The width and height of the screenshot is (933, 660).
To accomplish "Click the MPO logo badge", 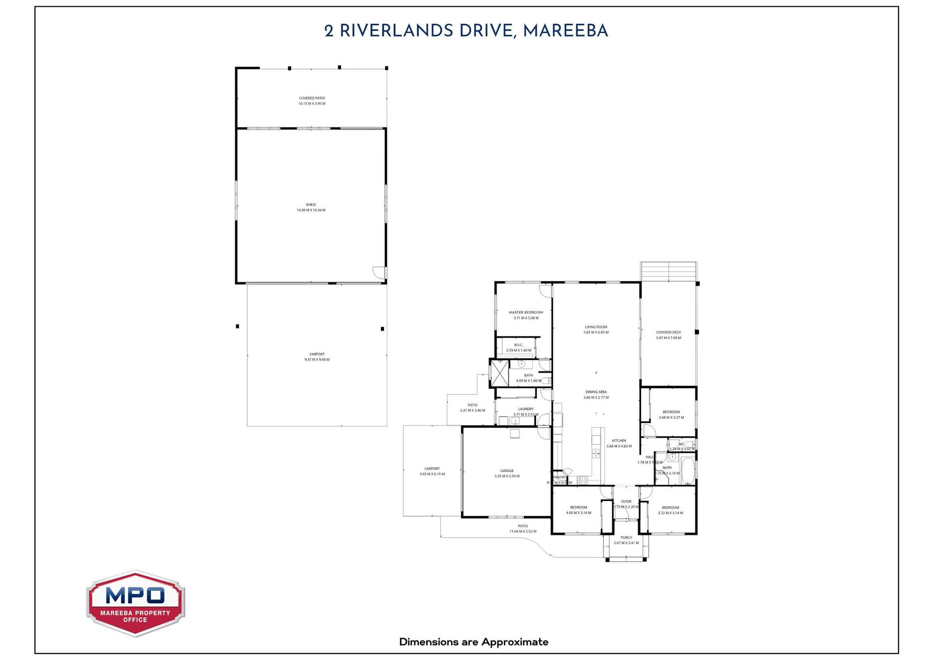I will (135, 603).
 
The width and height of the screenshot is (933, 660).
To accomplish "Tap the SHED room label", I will (311, 205).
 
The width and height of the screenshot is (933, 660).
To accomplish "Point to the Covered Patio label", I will (312, 98).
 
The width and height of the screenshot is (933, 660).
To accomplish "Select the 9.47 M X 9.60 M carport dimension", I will (317, 360).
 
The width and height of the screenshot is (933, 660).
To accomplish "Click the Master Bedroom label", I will (526, 313).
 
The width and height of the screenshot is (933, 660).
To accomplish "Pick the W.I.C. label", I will (518, 345).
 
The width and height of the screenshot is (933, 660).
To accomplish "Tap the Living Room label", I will (596, 327).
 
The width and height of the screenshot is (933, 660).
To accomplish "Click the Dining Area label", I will (596, 392).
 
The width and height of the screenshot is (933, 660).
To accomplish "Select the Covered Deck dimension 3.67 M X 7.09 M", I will (669, 338).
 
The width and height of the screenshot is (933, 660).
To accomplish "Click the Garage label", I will (507, 471).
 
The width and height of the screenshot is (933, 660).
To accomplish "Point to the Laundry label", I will (526, 409).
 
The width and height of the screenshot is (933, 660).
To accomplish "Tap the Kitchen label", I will (619, 441).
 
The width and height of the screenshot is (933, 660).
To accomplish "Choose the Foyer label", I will (626, 501).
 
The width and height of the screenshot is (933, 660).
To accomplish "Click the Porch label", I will (626, 537).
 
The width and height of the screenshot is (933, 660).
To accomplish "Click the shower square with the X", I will (500, 373).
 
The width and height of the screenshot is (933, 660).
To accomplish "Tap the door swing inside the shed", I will (379, 273).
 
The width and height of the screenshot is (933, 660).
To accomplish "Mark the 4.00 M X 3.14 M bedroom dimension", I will (579, 513).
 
